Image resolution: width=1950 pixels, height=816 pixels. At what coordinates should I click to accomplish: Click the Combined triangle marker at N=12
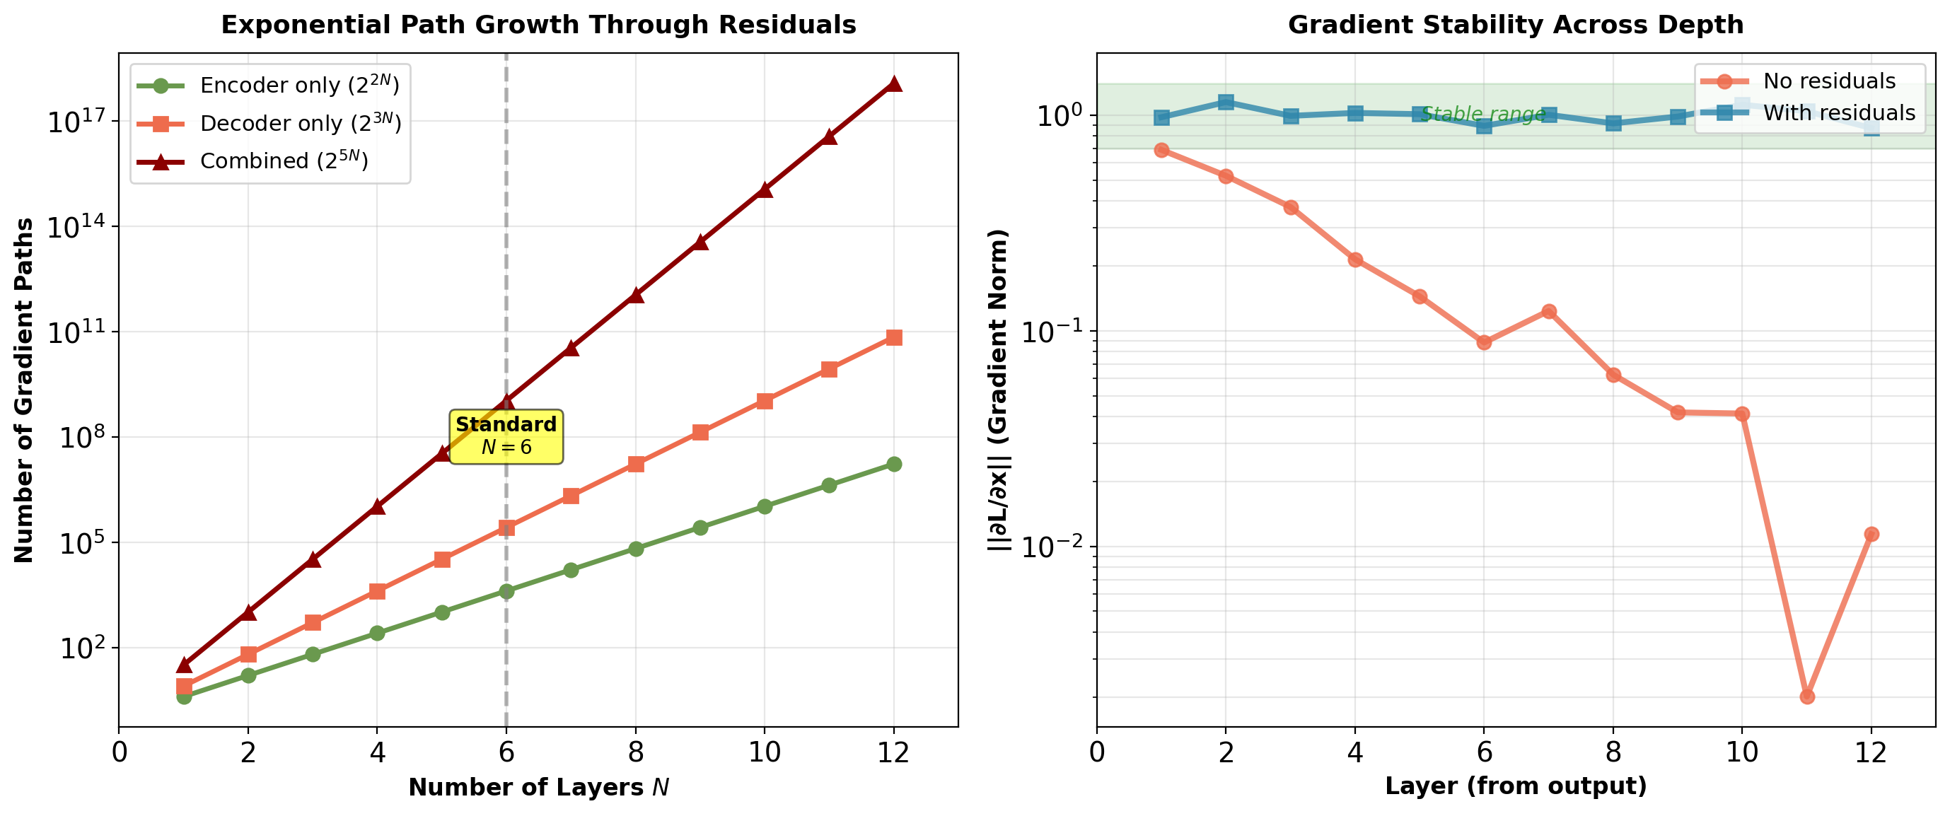pyautogui.click(x=894, y=83)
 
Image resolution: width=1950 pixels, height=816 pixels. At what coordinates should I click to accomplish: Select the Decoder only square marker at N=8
pyautogui.click(x=636, y=464)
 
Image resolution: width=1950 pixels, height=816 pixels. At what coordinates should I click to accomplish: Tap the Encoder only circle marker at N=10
pyautogui.click(x=765, y=506)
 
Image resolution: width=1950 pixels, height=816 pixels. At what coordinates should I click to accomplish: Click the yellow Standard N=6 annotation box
pyautogui.click(x=506, y=436)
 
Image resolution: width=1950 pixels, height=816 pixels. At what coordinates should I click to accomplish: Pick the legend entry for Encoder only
pyautogui.click(x=299, y=85)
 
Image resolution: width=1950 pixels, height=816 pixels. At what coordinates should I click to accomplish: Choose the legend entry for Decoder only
pyautogui.click(x=300, y=122)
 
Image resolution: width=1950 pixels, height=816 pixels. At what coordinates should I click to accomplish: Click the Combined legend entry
pyautogui.click(x=284, y=161)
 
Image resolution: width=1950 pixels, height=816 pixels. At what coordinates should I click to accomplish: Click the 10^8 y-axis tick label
pyautogui.click(x=79, y=438)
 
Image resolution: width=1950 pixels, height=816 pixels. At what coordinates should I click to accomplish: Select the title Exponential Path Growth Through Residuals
pyautogui.click(x=538, y=25)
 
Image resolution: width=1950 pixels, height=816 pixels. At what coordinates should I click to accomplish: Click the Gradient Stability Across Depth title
pyautogui.click(x=1516, y=25)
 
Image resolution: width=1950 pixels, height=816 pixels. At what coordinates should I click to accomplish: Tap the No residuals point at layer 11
pyautogui.click(x=1807, y=696)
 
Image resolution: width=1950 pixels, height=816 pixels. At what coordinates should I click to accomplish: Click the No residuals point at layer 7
pyautogui.click(x=1549, y=311)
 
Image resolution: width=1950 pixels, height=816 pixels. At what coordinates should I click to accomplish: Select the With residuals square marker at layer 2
pyautogui.click(x=1226, y=103)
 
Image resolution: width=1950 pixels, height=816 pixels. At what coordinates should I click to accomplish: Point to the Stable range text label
pyautogui.click(x=1482, y=115)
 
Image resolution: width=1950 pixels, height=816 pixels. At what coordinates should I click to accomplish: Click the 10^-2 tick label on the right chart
pyautogui.click(x=1054, y=547)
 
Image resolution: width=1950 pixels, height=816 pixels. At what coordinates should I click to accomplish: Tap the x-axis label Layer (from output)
pyautogui.click(x=1516, y=786)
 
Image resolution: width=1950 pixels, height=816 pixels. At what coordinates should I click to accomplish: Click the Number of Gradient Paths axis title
pyautogui.click(x=24, y=390)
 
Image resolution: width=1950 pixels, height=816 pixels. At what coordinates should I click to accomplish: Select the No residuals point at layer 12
pyautogui.click(x=1871, y=535)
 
